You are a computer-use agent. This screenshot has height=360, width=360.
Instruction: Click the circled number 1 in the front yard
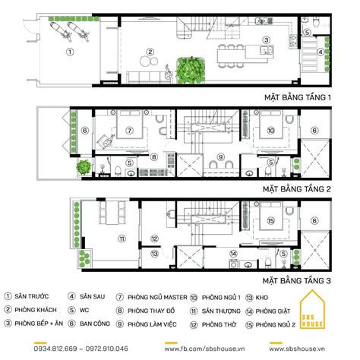coord(69,53)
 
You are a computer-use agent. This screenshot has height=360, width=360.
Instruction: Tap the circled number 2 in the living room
coord(150,52)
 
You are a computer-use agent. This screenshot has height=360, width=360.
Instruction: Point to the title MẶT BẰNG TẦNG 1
coord(298,98)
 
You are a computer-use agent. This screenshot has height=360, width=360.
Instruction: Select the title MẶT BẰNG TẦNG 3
coord(298,279)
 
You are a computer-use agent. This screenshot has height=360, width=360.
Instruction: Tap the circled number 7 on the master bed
coord(130,130)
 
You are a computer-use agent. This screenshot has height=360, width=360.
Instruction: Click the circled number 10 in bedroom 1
coord(272,130)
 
